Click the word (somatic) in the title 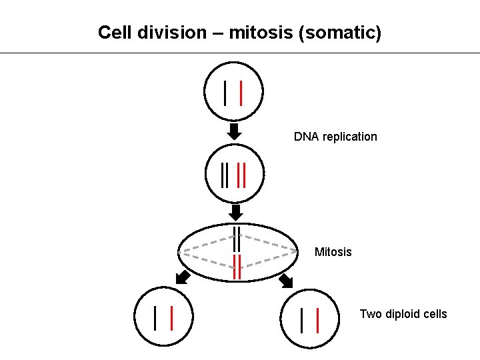[x=341, y=33]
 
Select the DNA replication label [x=335, y=137]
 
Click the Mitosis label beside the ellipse [x=333, y=252]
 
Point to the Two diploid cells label [x=403, y=314]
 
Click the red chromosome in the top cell [x=241, y=93]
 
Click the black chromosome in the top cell [x=226, y=93]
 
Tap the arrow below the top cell [x=234, y=130]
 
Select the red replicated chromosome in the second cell [x=242, y=175]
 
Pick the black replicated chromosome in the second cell [x=225, y=175]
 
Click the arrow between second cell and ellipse [x=235, y=212]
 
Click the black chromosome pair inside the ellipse [x=236, y=239]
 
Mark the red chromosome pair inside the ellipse [x=236, y=266]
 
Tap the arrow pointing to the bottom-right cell [x=286, y=280]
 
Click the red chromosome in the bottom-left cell [x=172, y=318]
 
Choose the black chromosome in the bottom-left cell [x=155, y=318]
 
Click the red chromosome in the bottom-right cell [x=317, y=320]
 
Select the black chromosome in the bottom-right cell [x=302, y=320]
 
